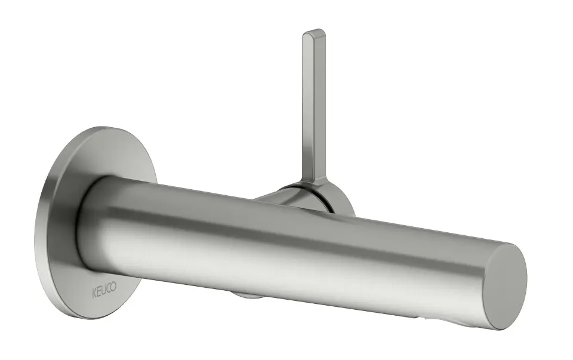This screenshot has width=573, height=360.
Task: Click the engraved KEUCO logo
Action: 104,290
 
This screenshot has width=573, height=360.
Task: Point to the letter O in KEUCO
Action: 113,287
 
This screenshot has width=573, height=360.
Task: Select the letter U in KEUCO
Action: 104,290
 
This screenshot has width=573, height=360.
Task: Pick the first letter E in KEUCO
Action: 98,292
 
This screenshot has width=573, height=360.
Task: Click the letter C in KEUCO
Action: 109,289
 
